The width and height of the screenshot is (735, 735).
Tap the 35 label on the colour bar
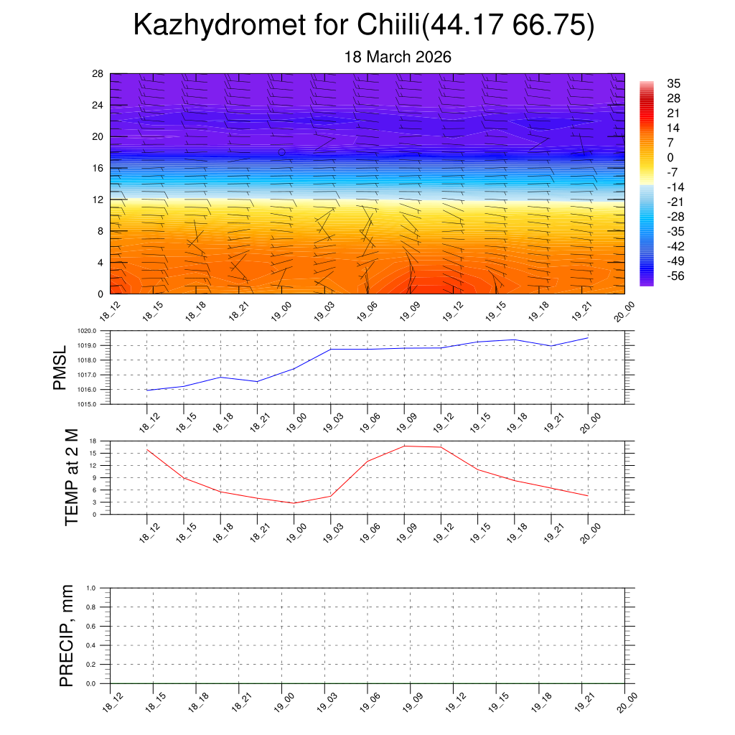(x=673, y=83)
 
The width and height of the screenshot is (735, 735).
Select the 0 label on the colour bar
(x=670, y=157)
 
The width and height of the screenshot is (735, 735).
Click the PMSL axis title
(x=60, y=367)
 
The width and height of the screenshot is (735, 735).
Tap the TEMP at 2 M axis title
(x=72, y=477)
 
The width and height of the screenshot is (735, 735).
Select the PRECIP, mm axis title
(x=67, y=636)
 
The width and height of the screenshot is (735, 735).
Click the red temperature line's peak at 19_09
(x=404, y=446)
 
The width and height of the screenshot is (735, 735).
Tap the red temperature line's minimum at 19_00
(x=294, y=503)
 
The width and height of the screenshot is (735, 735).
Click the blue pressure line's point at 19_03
(x=331, y=350)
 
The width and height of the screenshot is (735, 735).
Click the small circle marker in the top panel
(x=282, y=152)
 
